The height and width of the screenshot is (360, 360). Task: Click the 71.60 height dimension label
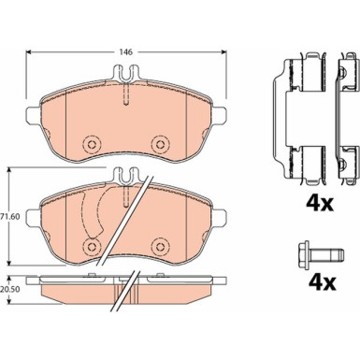[x=7, y=216]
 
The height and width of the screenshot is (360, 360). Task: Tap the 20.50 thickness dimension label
[x=7, y=289]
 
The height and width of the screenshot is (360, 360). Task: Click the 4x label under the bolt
[x=321, y=282]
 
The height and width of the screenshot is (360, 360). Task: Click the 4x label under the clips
[x=319, y=204]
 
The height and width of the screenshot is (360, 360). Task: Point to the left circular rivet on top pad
[x=92, y=144]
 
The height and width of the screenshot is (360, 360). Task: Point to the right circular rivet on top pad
[x=160, y=144]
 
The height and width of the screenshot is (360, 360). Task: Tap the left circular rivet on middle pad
[x=92, y=246]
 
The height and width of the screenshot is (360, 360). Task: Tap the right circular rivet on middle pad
[x=160, y=246]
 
